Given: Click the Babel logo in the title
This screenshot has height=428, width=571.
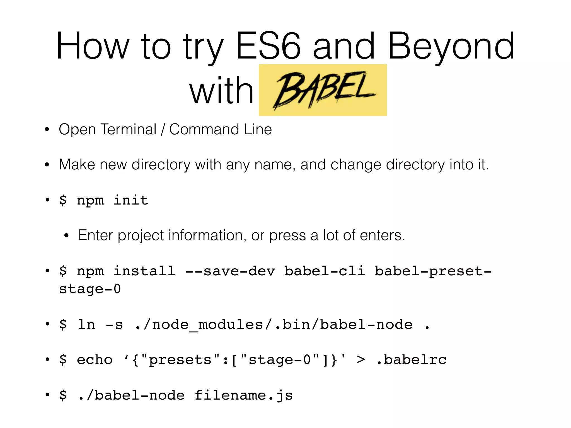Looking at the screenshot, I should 323,90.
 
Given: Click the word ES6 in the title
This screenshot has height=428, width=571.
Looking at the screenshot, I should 268,46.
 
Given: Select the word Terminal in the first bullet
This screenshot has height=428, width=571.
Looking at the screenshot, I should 128,130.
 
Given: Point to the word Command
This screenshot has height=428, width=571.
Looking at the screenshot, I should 204,130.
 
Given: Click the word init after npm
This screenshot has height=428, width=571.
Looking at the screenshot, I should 131,200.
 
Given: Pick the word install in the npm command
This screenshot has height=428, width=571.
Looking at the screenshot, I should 144,271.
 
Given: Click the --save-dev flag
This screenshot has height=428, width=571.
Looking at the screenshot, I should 230,271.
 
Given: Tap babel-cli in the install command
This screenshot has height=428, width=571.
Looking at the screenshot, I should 325,271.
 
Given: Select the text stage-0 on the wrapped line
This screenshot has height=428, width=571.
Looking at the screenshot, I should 90,289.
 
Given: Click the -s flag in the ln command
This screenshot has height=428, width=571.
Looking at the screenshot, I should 114,325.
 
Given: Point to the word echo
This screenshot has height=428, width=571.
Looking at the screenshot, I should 95,360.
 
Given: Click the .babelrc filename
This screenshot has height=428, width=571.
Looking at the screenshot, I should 411,360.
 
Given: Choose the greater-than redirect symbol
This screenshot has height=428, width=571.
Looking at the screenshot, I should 361,360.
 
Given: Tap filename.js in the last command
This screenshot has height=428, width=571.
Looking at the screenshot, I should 243,395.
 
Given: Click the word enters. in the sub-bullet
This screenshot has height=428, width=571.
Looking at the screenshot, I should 382,235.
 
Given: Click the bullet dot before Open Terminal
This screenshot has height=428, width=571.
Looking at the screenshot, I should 47,130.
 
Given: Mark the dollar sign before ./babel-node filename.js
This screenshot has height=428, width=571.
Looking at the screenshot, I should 63,395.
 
